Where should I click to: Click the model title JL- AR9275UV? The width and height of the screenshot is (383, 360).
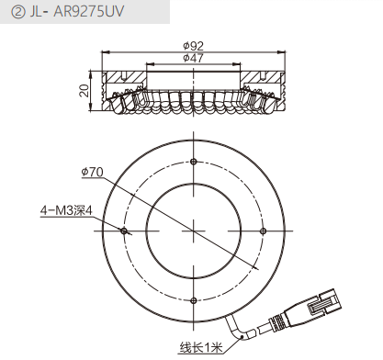pyautogui.click(x=76, y=12)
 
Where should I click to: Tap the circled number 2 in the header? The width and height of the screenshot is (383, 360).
pyautogui.click(x=18, y=12)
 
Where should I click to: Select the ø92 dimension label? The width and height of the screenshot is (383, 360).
pyautogui.click(x=194, y=46)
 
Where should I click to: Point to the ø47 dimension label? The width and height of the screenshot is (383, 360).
pyautogui.click(x=194, y=58)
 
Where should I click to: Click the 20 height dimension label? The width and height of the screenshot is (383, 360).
pyautogui.click(x=84, y=91)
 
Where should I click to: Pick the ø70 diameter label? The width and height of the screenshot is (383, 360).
pyautogui.click(x=92, y=173)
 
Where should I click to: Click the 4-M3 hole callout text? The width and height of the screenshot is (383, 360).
pyautogui.click(x=66, y=210)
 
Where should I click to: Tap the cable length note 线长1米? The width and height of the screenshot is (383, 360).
pyautogui.click(x=201, y=348)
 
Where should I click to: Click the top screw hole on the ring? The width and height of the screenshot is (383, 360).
pyautogui.click(x=193, y=162)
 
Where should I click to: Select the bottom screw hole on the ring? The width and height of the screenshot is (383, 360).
pyautogui.click(x=193, y=300)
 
